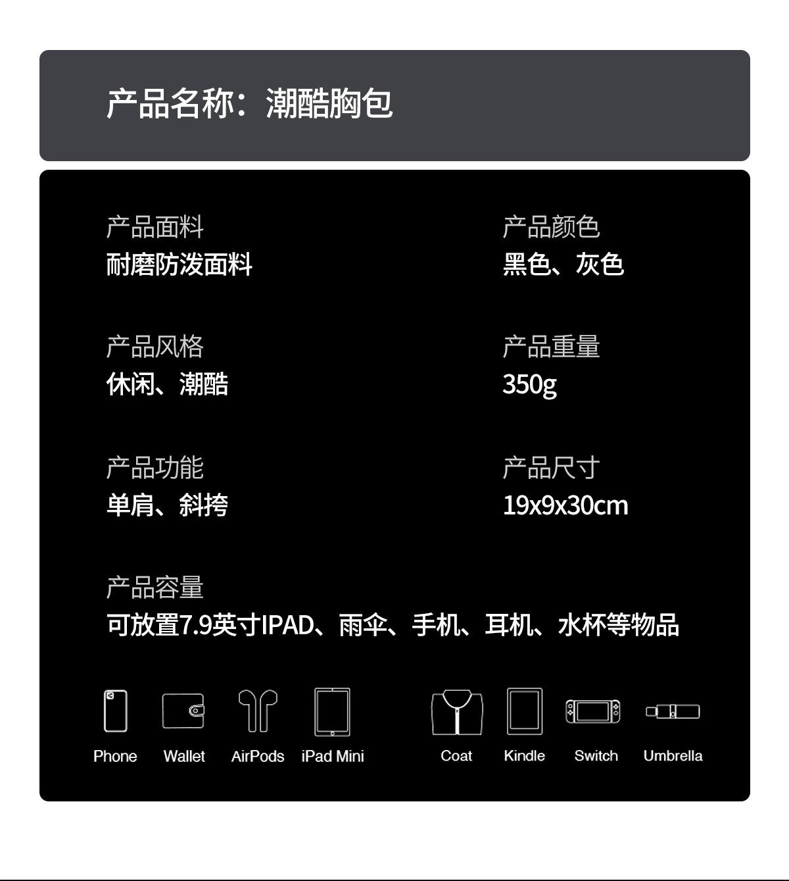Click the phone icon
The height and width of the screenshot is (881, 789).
115,711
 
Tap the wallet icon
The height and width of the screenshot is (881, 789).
183,711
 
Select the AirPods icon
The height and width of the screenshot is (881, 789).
257,710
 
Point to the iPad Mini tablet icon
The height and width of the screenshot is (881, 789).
332,711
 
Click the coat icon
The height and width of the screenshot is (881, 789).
457,712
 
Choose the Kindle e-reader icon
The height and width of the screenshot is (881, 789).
525,711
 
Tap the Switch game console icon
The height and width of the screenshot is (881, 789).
592,711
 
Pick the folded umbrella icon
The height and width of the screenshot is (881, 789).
673,711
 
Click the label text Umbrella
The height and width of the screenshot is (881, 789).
673,756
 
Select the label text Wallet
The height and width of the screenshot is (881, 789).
184,757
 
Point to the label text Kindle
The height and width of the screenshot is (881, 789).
524,756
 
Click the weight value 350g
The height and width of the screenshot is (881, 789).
529,384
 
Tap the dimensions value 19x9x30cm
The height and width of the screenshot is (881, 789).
565,505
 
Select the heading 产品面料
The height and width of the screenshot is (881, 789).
155,227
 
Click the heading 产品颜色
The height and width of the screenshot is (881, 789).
551,227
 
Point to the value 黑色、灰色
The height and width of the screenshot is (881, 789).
563,264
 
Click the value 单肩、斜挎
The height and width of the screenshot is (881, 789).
167,505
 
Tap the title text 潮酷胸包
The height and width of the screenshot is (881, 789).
329,104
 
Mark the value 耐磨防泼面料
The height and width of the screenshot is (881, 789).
179,264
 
